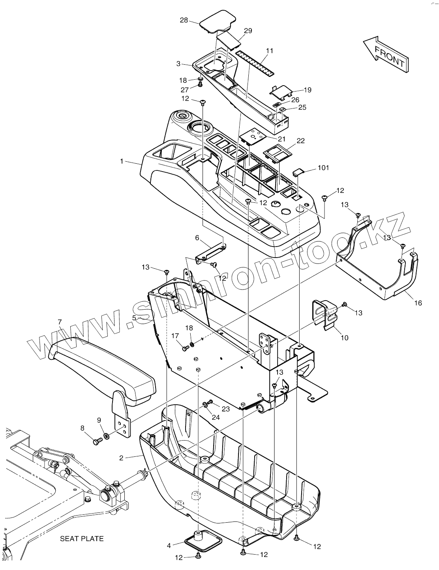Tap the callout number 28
point(184,20)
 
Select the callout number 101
point(323,168)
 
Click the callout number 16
point(418,303)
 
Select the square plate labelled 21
point(252,136)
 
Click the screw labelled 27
point(200,84)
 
